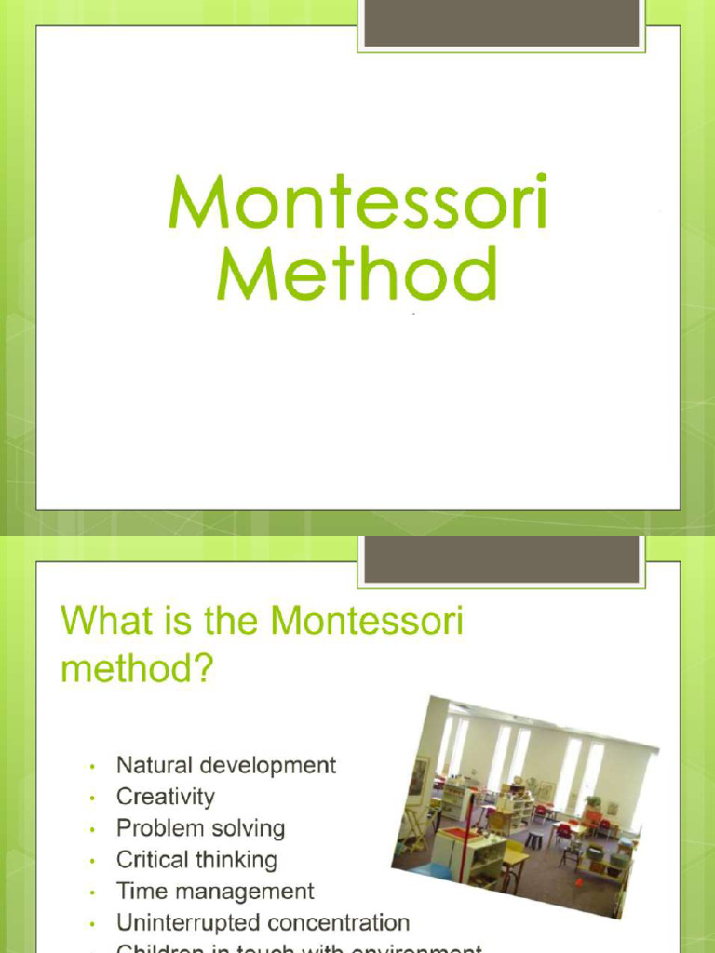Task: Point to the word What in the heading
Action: pyautogui.click(x=102, y=621)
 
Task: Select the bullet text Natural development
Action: pyautogui.click(x=225, y=766)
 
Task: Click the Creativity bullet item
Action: pyautogui.click(x=165, y=798)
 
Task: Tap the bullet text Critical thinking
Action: pyautogui.click(x=196, y=860)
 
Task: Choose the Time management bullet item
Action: pyautogui.click(x=215, y=892)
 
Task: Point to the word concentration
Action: pyautogui.click(x=338, y=923)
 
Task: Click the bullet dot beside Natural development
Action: pyautogui.click(x=93, y=768)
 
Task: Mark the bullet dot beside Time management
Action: pyautogui.click(x=93, y=893)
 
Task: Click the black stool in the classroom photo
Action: pyautogui.click(x=533, y=839)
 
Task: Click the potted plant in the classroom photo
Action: pyautogui.click(x=592, y=800)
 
